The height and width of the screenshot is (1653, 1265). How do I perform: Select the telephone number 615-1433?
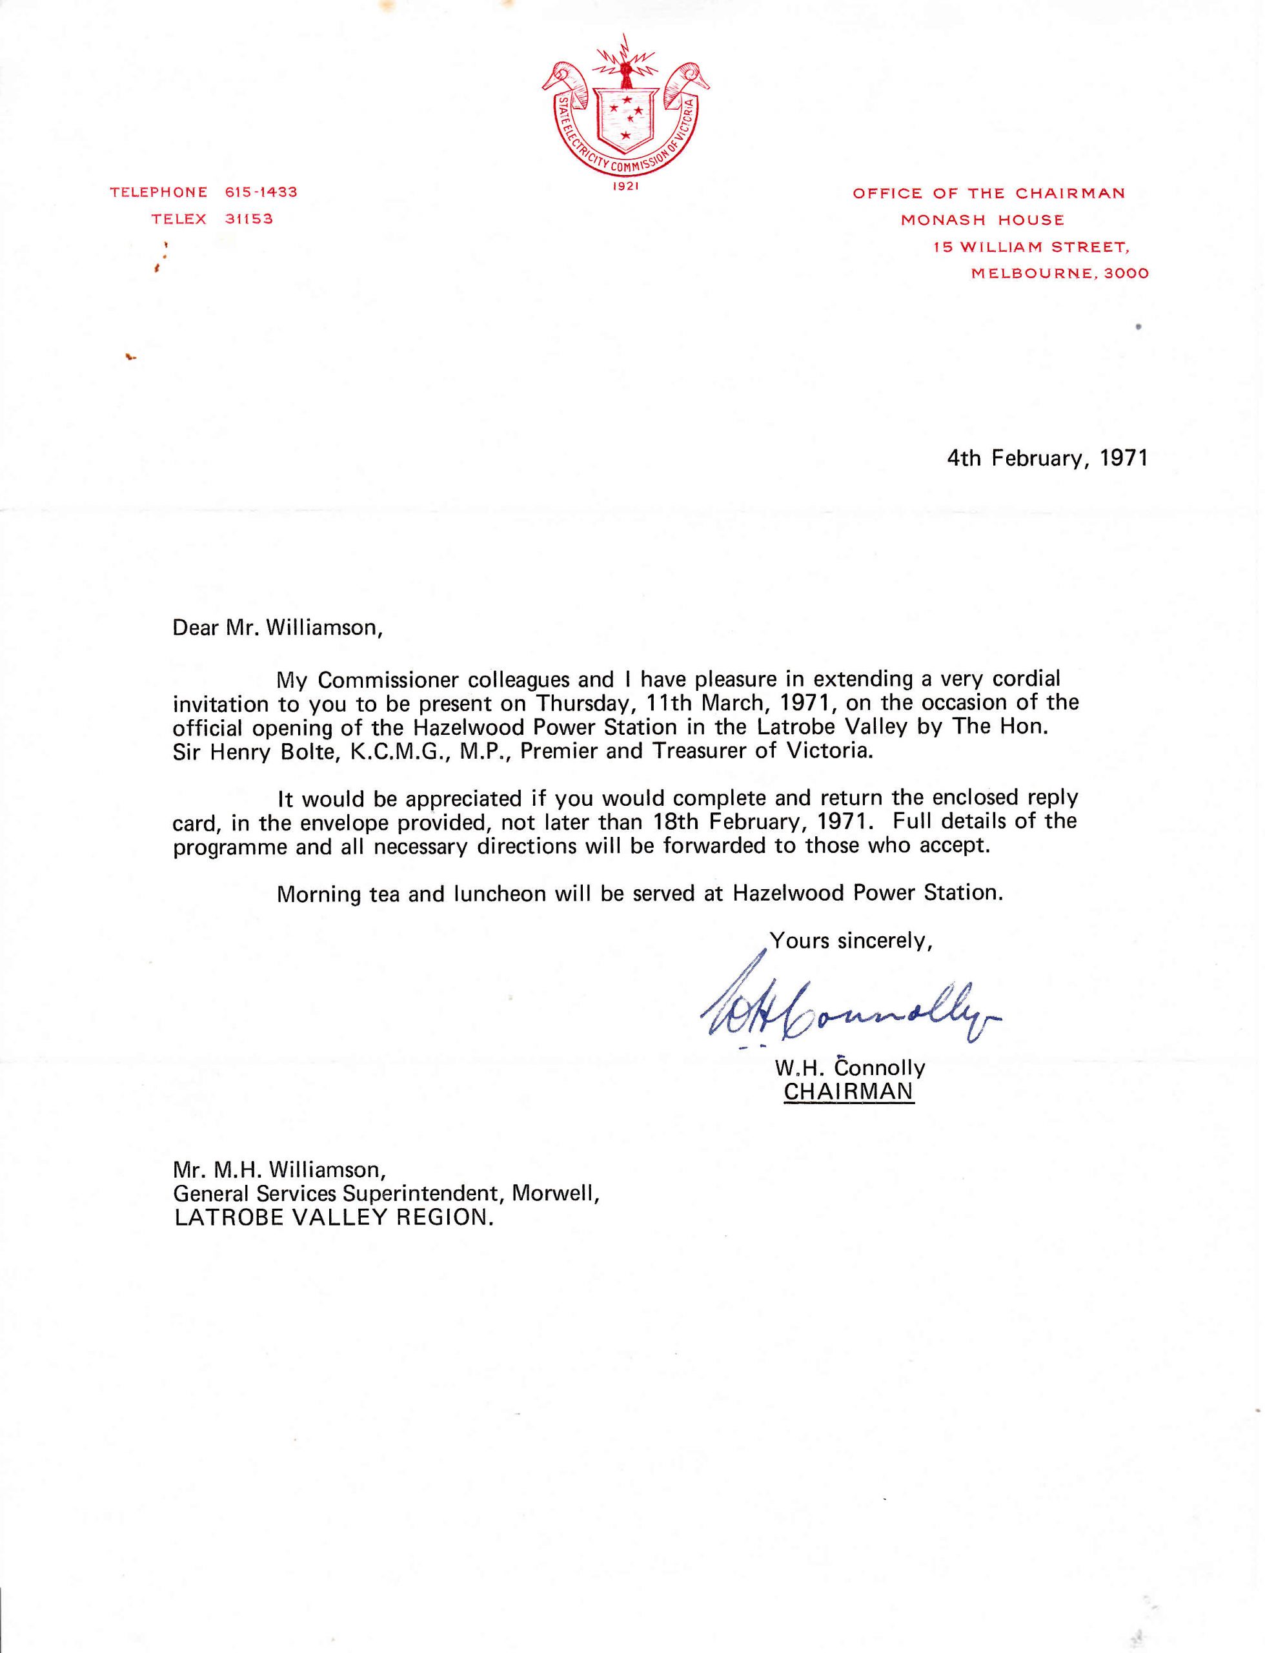[x=261, y=192]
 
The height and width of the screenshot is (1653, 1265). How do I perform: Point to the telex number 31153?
[x=248, y=220]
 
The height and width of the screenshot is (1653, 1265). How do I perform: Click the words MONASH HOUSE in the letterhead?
[x=982, y=220]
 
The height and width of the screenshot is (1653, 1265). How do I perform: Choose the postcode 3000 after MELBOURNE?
[x=1126, y=274]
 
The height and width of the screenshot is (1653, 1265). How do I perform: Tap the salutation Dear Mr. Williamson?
[x=278, y=628]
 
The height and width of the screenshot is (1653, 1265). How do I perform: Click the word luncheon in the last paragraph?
[x=498, y=894]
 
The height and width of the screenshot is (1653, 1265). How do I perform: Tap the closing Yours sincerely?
[x=851, y=941]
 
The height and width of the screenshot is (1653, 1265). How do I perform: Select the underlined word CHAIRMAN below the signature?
[x=849, y=1092]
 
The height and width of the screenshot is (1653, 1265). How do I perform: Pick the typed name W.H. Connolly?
[x=849, y=1067]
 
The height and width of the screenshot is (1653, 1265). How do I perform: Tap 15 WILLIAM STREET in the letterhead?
[x=1031, y=247]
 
